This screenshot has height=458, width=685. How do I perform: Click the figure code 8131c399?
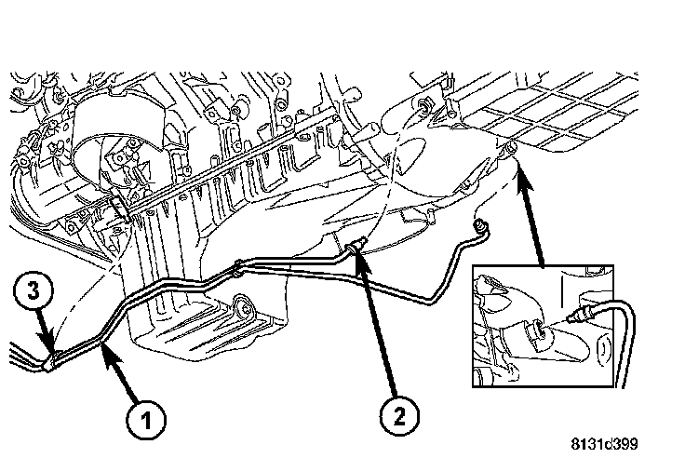click(x=605, y=443)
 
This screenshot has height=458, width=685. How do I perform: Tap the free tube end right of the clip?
click(x=480, y=224)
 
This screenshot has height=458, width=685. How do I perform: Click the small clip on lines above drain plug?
click(x=240, y=267)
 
